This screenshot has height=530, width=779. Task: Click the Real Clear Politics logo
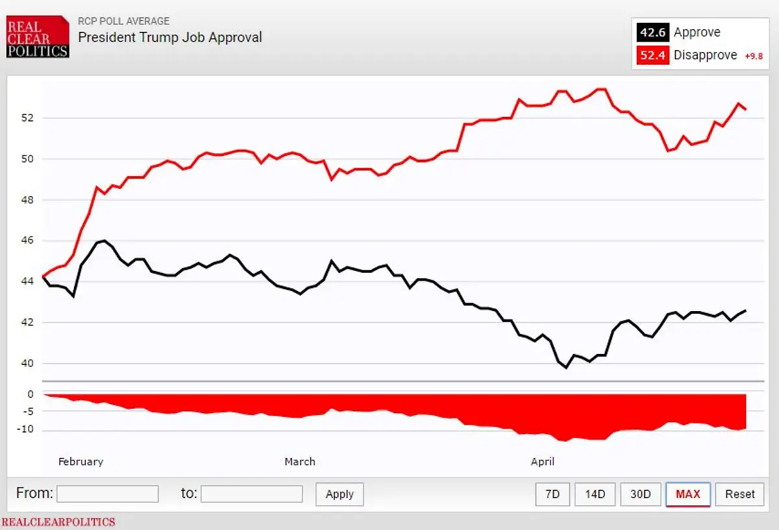click(38, 37)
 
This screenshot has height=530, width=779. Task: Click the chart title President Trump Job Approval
click(170, 37)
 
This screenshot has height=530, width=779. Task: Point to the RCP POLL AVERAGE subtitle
click(123, 21)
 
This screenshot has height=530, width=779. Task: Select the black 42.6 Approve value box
click(652, 32)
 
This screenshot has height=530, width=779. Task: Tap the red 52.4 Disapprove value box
click(652, 55)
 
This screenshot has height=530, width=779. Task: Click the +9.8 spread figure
click(754, 56)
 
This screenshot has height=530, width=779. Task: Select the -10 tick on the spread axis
click(25, 430)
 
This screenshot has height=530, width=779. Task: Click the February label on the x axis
click(80, 462)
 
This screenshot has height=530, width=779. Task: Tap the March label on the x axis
click(300, 462)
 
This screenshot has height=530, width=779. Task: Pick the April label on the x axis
click(543, 462)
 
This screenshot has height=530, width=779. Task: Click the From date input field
click(108, 494)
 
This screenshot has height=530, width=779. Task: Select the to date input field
click(252, 494)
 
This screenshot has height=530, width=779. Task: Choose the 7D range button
click(552, 494)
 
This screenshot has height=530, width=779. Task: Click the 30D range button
click(640, 494)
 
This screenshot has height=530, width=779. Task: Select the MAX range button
click(688, 494)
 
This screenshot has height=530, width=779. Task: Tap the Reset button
click(740, 494)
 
